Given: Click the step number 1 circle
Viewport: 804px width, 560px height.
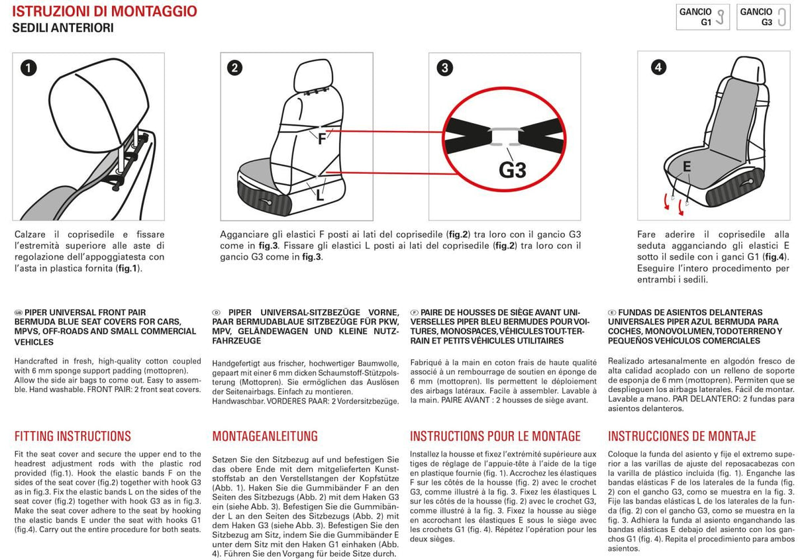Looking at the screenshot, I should tap(28, 68).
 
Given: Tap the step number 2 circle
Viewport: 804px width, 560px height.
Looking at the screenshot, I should tap(234, 68).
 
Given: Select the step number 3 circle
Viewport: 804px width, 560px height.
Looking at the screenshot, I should tap(446, 68).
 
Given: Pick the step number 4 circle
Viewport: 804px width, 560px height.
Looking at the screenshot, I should tap(658, 67).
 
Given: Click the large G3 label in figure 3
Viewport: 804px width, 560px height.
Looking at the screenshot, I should tap(512, 170).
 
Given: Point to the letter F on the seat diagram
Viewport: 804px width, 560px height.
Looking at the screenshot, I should tap(322, 139).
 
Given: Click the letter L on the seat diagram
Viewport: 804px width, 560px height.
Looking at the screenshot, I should tap(320, 195).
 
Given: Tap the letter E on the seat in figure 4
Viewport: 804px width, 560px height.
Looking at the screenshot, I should tap(687, 166).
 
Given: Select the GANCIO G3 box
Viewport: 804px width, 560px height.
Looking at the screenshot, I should tap(764, 17).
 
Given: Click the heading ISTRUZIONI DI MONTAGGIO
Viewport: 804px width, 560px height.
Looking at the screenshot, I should tap(105, 11).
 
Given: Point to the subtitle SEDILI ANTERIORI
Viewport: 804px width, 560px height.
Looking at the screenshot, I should tap(63, 28).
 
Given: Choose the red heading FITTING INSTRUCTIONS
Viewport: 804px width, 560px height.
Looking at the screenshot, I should tap(73, 436).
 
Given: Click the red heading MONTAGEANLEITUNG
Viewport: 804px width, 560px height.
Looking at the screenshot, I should tap(265, 436).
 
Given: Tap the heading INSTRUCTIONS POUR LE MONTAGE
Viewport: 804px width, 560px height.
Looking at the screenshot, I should tap(495, 436).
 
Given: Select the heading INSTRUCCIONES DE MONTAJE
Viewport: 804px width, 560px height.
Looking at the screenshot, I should tap(681, 436).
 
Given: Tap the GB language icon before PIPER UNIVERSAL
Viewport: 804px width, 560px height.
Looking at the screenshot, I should tap(19, 312).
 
